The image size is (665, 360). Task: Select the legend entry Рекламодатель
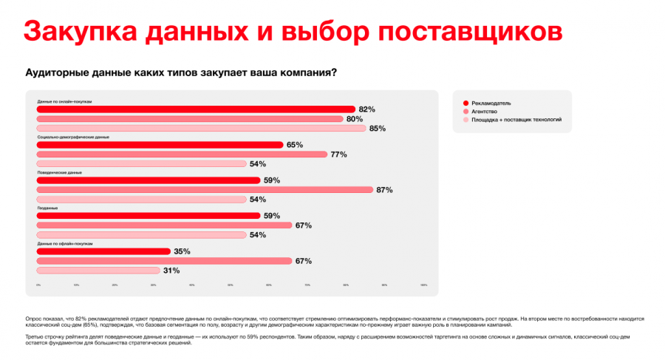(491, 103)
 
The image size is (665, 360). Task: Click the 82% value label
(366, 109)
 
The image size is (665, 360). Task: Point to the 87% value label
(384, 190)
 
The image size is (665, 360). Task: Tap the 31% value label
(171, 271)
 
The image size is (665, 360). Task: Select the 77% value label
(338, 154)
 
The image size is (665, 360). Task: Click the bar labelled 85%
(201, 128)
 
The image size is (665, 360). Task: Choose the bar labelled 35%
(103, 251)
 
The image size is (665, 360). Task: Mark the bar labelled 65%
(160, 145)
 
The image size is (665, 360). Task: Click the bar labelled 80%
(190, 118)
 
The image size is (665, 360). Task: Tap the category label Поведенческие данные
(59, 172)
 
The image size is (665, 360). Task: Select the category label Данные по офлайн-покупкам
(64, 243)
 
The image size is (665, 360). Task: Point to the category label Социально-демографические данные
(72, 137)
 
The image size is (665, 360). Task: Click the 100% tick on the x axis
(423, 285)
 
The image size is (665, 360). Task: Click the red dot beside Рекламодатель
(465, 103)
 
